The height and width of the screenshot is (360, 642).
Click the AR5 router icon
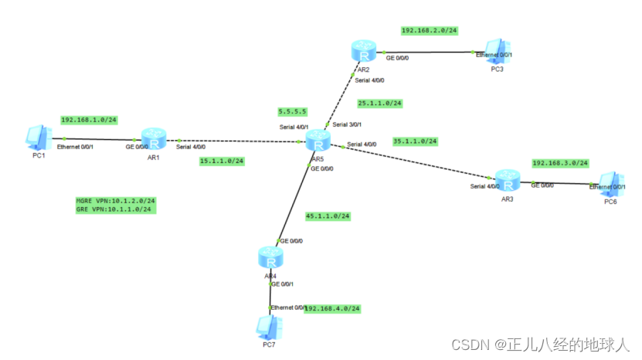(318, 141)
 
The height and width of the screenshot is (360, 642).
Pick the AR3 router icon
(507, 182)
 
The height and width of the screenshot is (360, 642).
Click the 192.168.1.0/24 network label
(89, 121)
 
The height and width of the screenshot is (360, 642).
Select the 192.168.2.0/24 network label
(430, 31)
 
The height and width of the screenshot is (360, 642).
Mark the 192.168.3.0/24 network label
(560, 163)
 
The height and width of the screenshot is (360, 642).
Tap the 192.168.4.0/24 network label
(333, 308)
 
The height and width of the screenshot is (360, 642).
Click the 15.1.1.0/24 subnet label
(222, 161)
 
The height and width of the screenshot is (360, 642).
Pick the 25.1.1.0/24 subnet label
(379, 103)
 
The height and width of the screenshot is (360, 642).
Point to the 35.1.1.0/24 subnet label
(415, 141)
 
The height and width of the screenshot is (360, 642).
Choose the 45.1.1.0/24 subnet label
(328, 216)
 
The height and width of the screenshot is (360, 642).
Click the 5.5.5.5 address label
(293, 111)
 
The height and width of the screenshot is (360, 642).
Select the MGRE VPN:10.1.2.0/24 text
(115, 200)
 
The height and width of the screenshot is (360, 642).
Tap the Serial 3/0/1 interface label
(348, 124)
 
